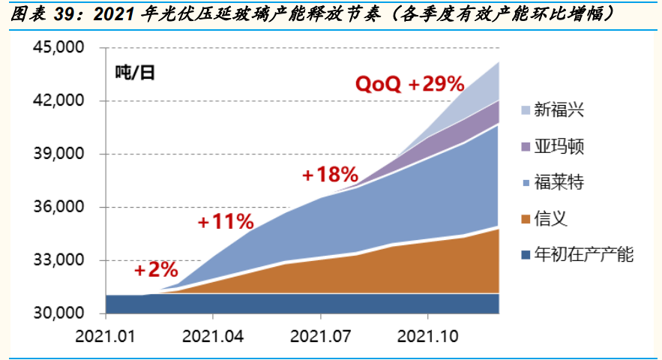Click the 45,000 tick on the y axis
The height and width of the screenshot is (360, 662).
tap(61, 48)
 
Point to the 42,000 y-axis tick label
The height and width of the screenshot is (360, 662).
tap(61, 101)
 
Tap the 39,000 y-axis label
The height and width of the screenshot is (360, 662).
tap(61, 154)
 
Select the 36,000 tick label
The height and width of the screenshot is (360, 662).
tap(61, 208)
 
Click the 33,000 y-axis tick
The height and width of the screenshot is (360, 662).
tap(61, 261)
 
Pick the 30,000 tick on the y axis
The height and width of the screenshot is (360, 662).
tap(61, 313)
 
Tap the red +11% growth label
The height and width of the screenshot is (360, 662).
tap(226, 222)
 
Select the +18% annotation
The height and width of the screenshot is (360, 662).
tap(330, 175)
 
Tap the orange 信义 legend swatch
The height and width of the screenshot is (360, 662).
tap(521, 219)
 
